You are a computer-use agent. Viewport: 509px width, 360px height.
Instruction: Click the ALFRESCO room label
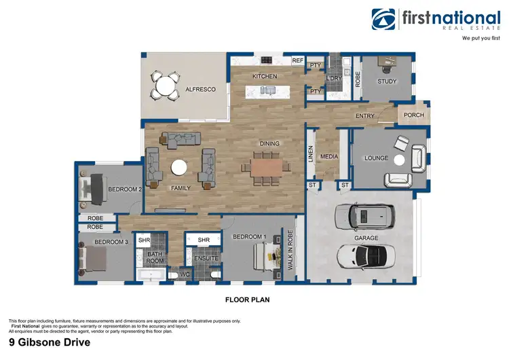[x=201, y=89]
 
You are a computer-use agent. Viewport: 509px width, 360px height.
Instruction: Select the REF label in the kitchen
[x=297, y=60]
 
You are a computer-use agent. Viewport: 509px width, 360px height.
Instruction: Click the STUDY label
[x=387, y=82]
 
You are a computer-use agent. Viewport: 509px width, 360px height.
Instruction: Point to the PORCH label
[x=413, y=115]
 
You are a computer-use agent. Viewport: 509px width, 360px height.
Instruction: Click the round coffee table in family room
[x=180, y=167]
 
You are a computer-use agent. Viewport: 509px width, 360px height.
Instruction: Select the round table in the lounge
[x=399, y=161]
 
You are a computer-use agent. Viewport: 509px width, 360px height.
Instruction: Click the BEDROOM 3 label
[x=111, y=242]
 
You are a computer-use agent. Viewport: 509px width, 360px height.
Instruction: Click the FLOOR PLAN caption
[x=248, y=298]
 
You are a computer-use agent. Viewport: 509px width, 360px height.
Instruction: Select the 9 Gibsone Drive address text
[x=49, y=343]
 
